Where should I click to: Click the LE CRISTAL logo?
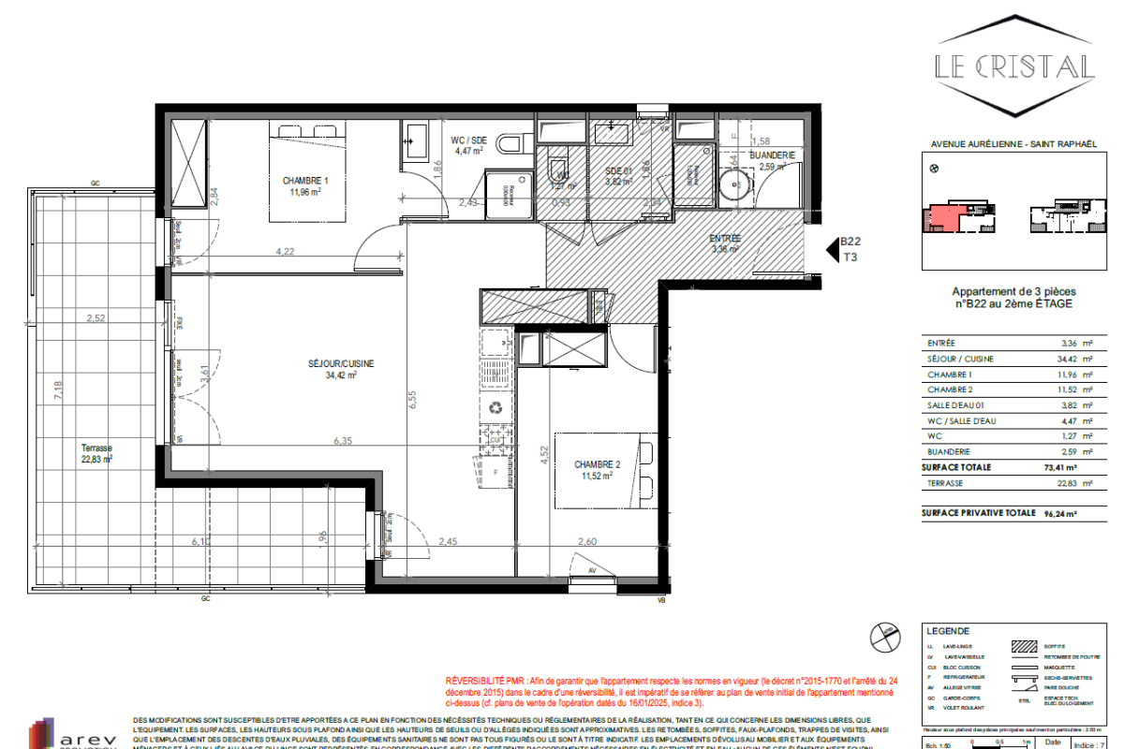tap(1015, 66)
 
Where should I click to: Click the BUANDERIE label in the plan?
tap(772, 155)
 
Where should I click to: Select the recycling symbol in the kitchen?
tap(495, 407)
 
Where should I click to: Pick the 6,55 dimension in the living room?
tap(411, 400)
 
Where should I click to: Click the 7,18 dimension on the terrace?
tap(57, 390)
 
